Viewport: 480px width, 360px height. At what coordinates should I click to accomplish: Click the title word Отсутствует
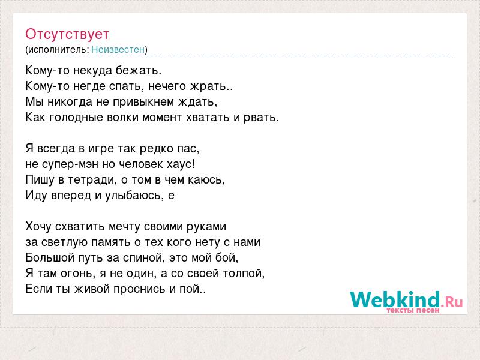point(67,34)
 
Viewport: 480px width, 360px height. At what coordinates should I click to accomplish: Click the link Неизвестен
point(118,49)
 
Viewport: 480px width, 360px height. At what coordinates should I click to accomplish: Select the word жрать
point(208,86)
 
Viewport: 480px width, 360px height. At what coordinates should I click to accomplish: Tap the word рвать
point(260,118)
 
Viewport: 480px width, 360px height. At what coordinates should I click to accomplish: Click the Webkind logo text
point(395,299)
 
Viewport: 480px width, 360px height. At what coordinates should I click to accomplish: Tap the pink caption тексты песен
point(413,310)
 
